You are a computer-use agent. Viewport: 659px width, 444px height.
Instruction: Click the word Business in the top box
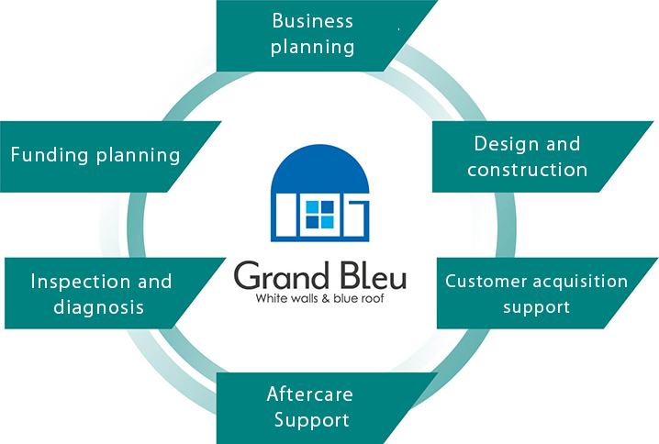[312, 20]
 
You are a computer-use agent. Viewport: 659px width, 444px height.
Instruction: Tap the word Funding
[50, 154]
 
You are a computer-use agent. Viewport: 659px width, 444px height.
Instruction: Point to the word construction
[527, 170]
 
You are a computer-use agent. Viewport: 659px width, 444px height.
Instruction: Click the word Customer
[486, 281]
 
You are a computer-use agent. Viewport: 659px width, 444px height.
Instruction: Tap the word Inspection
[81, 282]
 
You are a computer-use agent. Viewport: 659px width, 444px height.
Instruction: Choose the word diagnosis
[99, 307]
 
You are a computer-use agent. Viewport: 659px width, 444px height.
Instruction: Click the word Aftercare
[309, 394]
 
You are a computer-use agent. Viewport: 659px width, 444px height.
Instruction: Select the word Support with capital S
[312, 420]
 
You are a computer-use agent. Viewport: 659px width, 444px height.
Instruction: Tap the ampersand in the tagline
[326, 299]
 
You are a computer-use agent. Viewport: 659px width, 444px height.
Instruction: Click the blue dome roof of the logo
[319, 169]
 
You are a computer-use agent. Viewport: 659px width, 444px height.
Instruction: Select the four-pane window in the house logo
[319, 215]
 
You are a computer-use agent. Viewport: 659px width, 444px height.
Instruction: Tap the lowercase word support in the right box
[536, 308]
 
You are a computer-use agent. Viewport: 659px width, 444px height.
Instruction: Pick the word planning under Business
[312, 47]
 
